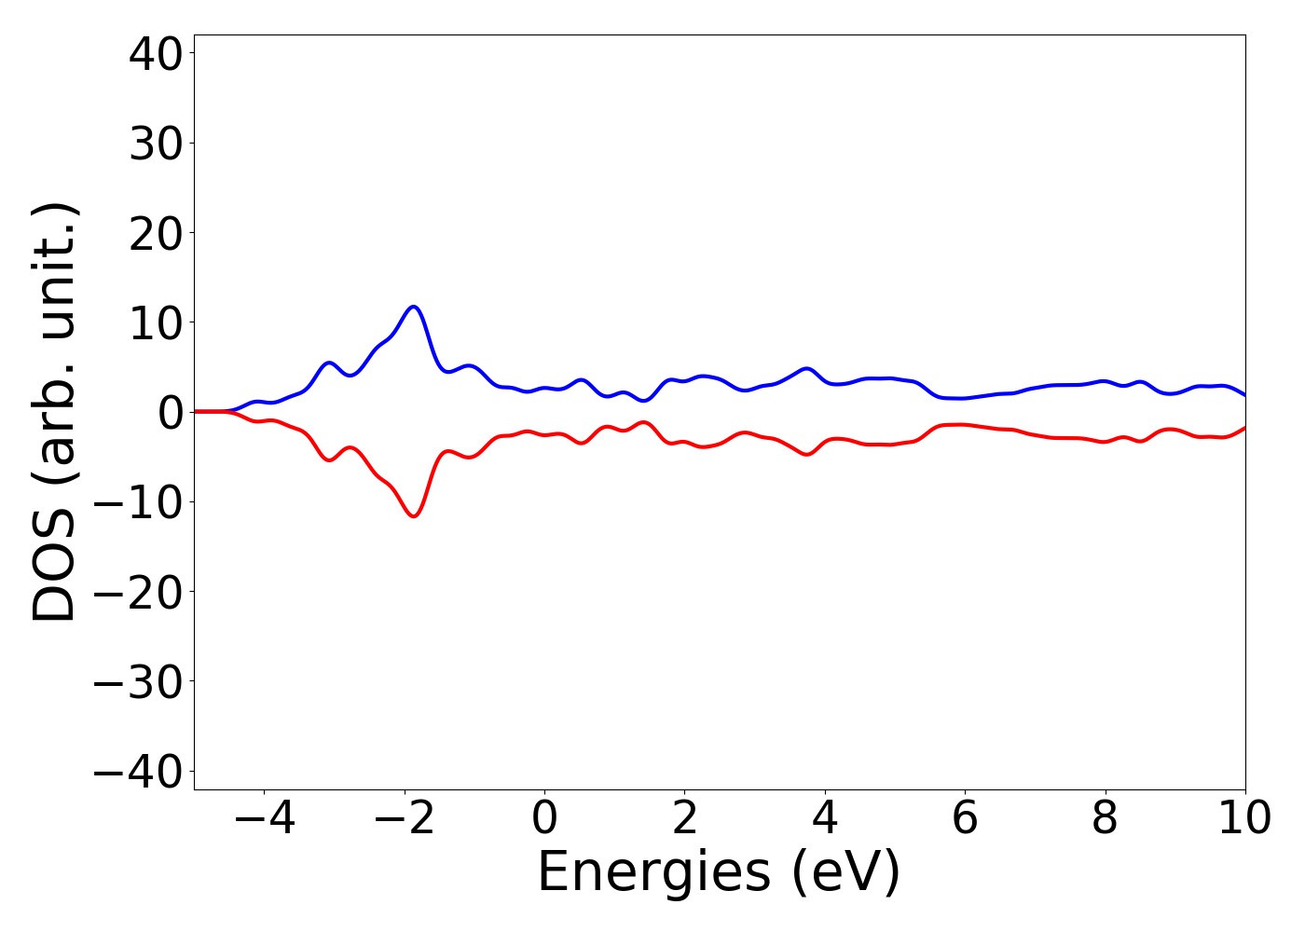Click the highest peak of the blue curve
pyautogui.click(x=413, y=307)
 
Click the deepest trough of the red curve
pyautogui.click(x=413, y=516)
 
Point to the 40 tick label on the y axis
pyautogui.click(x=154, y=54)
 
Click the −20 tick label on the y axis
pyautogui.click(x=137, y=592)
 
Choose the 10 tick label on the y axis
pyautogui.click(x=154, y=322)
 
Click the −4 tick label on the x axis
pyautogui.click(x=264, y=818)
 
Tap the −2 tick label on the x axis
pyautogui.click(x=404, y=818)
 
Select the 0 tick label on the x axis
pyautogui.click(x=544, y=818)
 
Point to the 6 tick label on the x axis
pyautogui.click(x=965, y=818)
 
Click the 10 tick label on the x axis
pyautogui.click(x=1244, y=818)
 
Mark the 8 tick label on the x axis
pyautogui.click(x=1105, y=818)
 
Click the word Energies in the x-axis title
pyautogui.click(x=653, y=873)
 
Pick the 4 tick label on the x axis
pyautogui.click(x=825, y=818)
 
